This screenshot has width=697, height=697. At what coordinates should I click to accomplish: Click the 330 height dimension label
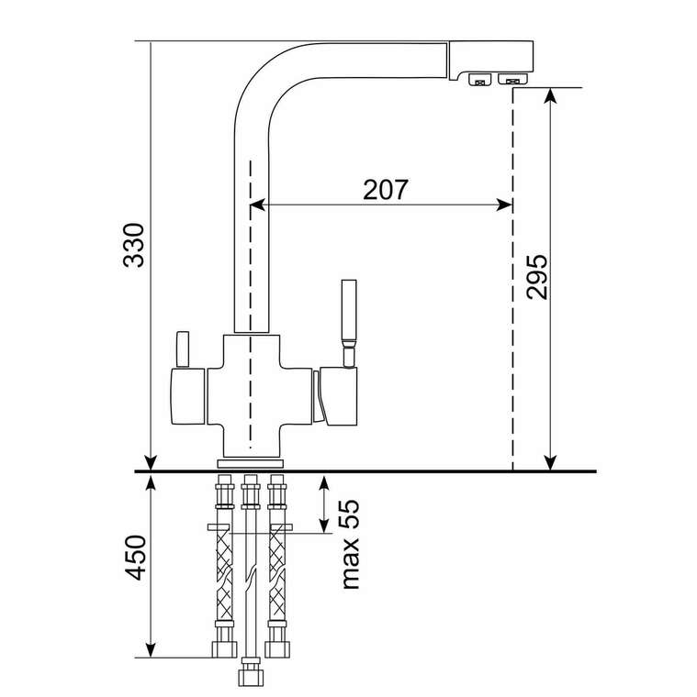click(134, 245)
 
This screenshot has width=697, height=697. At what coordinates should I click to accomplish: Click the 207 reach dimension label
click(386, 190)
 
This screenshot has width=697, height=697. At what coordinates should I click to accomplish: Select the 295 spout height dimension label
click(536, 276)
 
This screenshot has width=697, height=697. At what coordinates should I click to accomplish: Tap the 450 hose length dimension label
click(135, 558)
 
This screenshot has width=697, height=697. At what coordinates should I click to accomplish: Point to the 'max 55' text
click(349, 545)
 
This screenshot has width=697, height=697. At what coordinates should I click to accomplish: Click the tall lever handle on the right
click(349, 323)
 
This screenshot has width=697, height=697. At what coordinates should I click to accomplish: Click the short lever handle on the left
click(183, 348)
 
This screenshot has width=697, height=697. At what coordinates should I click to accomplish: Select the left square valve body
click(188, 396)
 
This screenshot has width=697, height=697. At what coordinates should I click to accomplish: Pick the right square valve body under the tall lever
click(338, 396)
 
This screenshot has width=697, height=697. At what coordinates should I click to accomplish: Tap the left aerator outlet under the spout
click(479, 80)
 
